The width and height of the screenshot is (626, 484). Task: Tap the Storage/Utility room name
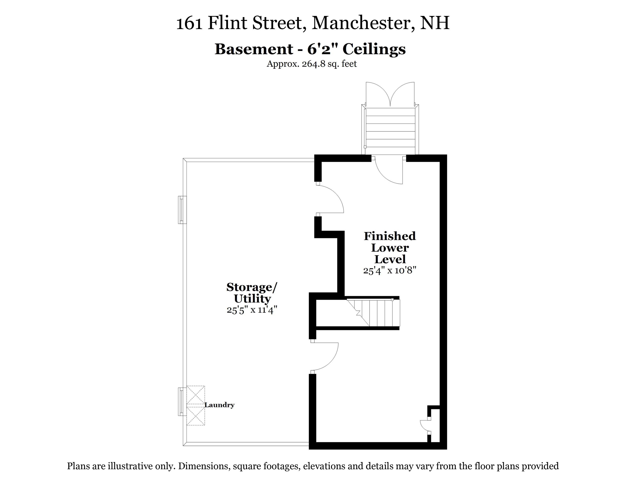[x=252, y=293]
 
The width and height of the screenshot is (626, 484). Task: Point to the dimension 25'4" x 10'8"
[x=390, y=270]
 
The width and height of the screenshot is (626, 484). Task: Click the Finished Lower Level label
[x=390, y=248]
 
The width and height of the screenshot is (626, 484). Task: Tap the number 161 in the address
[x=189, y=24]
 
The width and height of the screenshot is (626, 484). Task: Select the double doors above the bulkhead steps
[x=390, y=94]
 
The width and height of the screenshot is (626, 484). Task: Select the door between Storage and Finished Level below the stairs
[x=324, y=356]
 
